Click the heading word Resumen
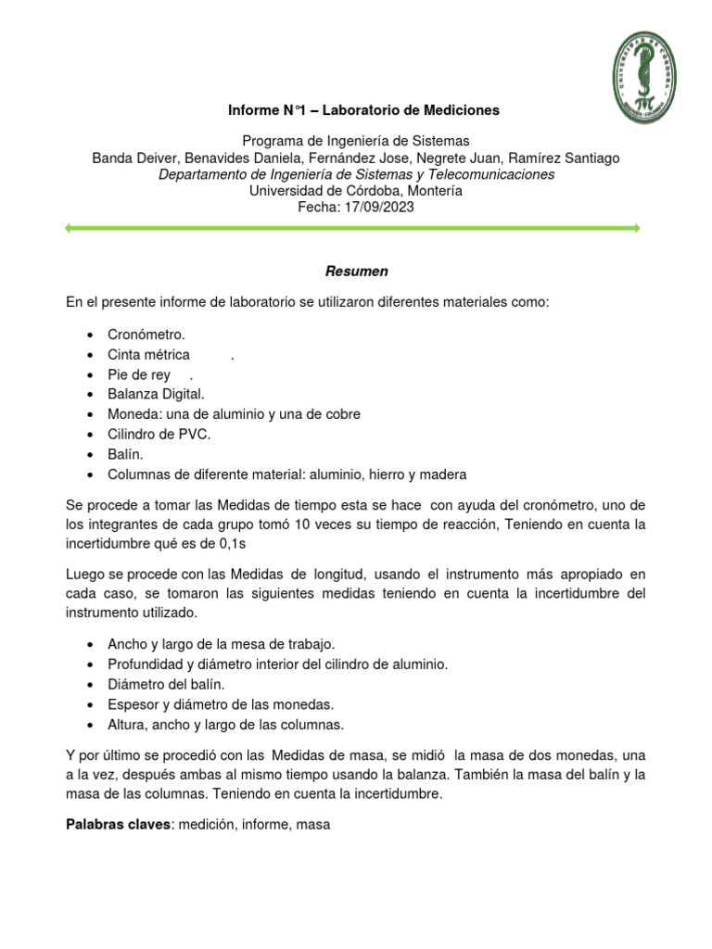(356, 272)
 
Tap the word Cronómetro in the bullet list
(146, 335)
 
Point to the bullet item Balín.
(126, 454)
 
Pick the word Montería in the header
(434, 191)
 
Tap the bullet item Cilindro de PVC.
(159, 435)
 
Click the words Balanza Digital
(156, 395)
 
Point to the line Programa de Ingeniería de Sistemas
(356, 142)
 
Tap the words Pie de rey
(139, 374)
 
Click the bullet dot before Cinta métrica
(88, 355)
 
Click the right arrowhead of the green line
(636, 228)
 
